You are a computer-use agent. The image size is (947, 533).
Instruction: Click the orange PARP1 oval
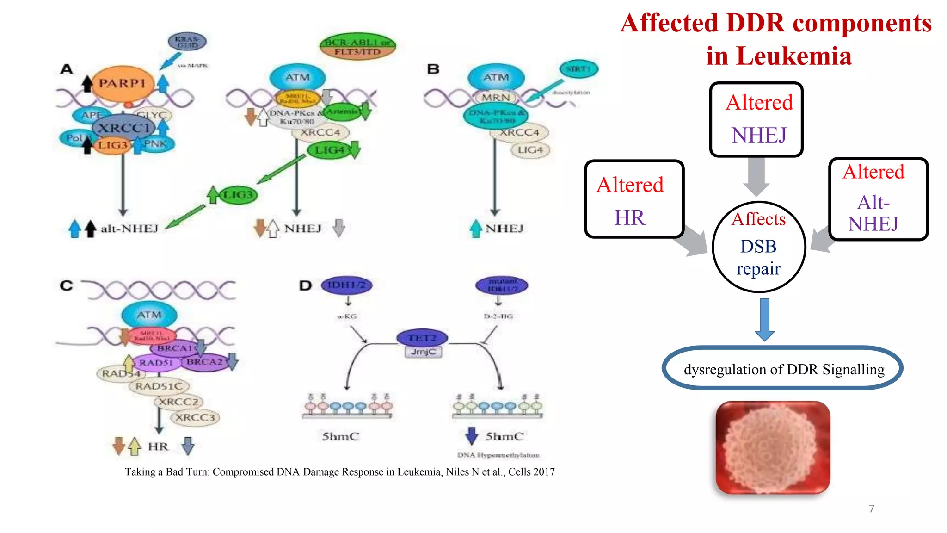point(122,84)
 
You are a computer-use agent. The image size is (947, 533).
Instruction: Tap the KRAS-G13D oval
point(187,42)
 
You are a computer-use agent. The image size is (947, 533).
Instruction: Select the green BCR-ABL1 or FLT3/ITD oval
point(357,47)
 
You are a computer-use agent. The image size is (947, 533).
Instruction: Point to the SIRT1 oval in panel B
point(579,69)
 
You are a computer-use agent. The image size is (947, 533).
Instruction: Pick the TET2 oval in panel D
point(422,338)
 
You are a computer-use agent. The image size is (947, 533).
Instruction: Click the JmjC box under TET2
point(424,352)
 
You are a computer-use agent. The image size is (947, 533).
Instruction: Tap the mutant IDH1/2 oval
point(502,285)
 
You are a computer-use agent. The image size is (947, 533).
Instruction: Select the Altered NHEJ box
point(756,119)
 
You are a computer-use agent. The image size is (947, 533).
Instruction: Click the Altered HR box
point(633,199)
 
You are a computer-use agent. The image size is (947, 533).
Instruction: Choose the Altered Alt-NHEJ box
point(878,199)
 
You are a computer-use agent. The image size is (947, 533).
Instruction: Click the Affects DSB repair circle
point(759,247)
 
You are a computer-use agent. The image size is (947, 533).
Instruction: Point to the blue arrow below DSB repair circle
point(764,319)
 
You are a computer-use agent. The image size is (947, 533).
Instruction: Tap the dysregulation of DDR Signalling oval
point(782,368)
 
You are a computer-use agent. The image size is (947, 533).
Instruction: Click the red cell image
point(773,447)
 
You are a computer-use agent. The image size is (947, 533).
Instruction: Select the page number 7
point(872,508)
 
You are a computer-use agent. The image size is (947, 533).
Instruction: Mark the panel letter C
point(66,285)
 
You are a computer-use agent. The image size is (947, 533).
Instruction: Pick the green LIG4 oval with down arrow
point(331,150)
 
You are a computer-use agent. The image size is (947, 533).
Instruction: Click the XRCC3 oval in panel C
point(195,418)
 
